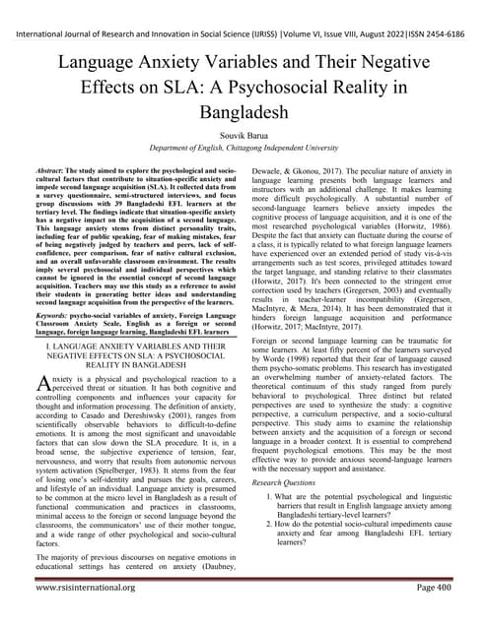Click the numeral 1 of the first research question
pos(271,499)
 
